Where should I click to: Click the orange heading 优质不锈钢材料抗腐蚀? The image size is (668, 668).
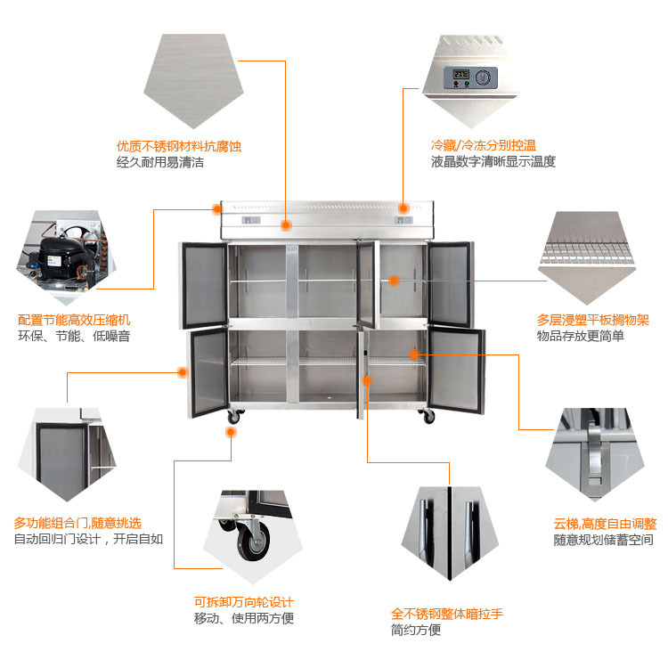[179, 146]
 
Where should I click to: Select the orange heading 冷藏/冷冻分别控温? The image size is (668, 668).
[483, 145]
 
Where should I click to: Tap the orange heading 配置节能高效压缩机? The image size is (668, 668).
[74, 319]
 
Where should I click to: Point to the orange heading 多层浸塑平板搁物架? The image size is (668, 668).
[592, 319]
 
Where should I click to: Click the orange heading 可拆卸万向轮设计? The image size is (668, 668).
[243, 602]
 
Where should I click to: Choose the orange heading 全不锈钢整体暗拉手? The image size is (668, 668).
[447, 614]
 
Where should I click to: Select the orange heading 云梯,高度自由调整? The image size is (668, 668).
[605, 524]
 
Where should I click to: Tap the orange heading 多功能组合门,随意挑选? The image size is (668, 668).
[77, 523]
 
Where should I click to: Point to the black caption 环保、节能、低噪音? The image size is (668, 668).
[74, 336]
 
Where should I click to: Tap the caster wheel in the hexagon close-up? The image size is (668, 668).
[252, 540]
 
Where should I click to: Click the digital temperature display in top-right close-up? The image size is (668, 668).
[461, 74]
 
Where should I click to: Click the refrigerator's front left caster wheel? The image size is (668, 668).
[234, 416]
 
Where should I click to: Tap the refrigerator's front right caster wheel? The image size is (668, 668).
[428, 416]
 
